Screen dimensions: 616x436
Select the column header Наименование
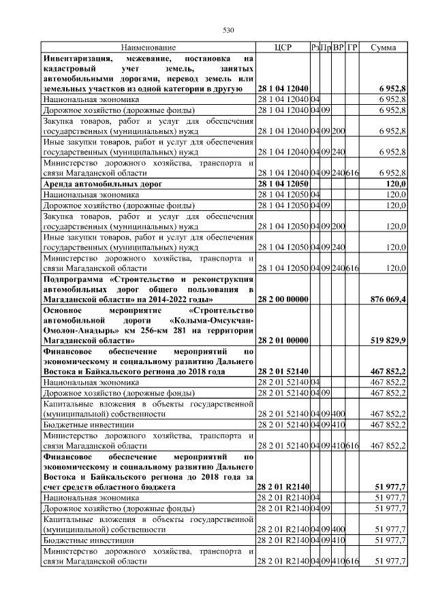[149, 48]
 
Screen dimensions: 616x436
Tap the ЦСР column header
[283, 48]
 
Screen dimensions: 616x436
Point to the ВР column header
[339, 48]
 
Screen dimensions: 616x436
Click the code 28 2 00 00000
[284, 299]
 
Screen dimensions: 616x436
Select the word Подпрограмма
[74, 279]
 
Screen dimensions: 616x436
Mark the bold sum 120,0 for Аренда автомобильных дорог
[396, 184]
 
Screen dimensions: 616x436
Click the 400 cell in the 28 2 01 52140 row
[339, 413]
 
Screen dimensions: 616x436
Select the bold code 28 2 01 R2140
[284, 487]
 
